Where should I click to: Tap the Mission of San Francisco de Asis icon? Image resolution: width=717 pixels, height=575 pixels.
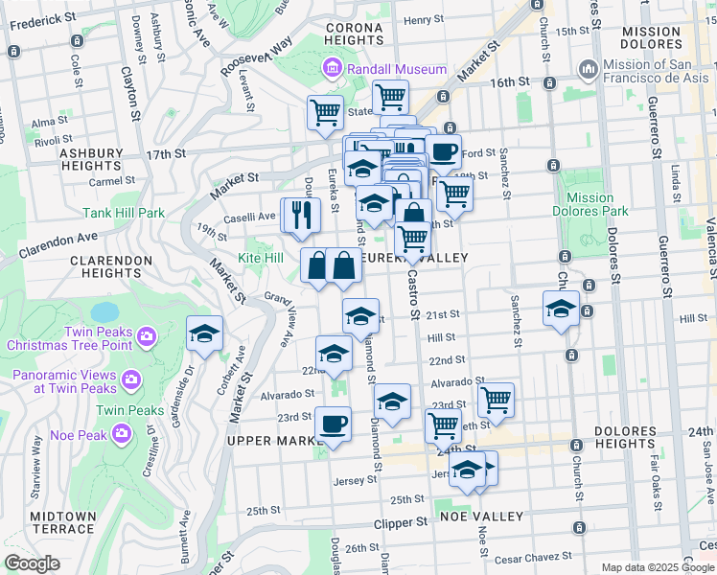point(588,69)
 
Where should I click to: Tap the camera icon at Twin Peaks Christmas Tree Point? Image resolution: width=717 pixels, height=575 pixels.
point(147,336)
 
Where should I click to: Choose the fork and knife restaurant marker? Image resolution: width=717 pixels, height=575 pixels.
point(301,215)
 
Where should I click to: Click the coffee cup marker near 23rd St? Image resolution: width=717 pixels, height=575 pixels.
point(333,423)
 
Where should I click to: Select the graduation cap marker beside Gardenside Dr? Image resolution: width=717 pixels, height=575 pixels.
point(204,333)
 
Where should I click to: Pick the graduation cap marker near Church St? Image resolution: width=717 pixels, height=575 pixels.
point(561,309)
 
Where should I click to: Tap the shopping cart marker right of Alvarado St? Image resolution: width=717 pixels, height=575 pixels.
point(496,399)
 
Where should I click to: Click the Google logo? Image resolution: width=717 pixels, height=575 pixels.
point(32,563)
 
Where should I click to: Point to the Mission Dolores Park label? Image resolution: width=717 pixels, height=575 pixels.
point(590,204)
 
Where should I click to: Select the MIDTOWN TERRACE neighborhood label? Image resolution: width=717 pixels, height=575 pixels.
point(63,522)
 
